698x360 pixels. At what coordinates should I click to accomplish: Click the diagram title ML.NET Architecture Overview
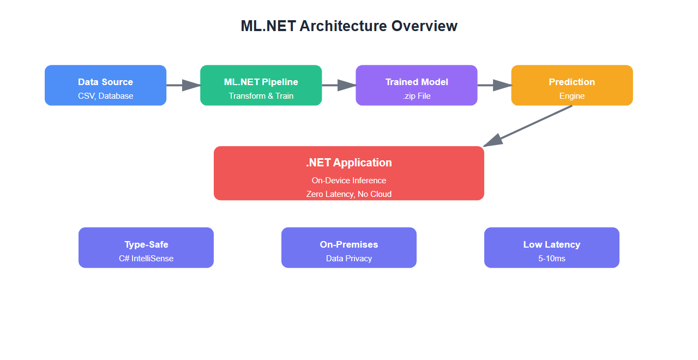[x=349, y=26]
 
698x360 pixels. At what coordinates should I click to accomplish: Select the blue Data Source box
[x=105, y=85]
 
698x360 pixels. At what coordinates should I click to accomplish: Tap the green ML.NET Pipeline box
[x=261, y=85]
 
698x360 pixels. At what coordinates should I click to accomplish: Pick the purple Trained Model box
[x=417, y=85]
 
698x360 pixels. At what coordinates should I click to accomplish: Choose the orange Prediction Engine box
[x=571, y=85]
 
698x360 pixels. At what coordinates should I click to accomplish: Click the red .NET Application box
[x=349, y=173]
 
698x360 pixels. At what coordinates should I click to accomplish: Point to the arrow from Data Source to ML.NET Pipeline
[x=183, y=85]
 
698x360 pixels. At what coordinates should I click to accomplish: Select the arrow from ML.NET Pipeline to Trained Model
[x=339, y=85]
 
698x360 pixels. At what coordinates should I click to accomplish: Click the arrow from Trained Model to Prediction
[x=494, y=85]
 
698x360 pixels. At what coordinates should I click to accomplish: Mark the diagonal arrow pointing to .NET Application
[x=529, y=125]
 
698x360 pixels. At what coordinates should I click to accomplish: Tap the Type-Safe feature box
[x=146, y=248]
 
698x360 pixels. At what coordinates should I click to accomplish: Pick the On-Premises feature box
[x=349, y=248]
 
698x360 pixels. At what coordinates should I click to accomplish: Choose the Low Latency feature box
[x=552, y=248]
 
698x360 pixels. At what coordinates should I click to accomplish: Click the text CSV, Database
[x=105, y=96]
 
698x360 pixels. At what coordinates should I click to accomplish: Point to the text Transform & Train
[x=261, y=96]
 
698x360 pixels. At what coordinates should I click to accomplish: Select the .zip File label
[x=417, y=96]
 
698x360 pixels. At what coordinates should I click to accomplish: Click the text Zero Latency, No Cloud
[x=349, y=194]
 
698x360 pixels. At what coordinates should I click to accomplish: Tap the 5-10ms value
[x=552, y=259]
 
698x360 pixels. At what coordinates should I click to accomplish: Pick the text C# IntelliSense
[x=146, y=259]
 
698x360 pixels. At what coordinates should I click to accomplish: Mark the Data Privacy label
[x=349, y=259]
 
